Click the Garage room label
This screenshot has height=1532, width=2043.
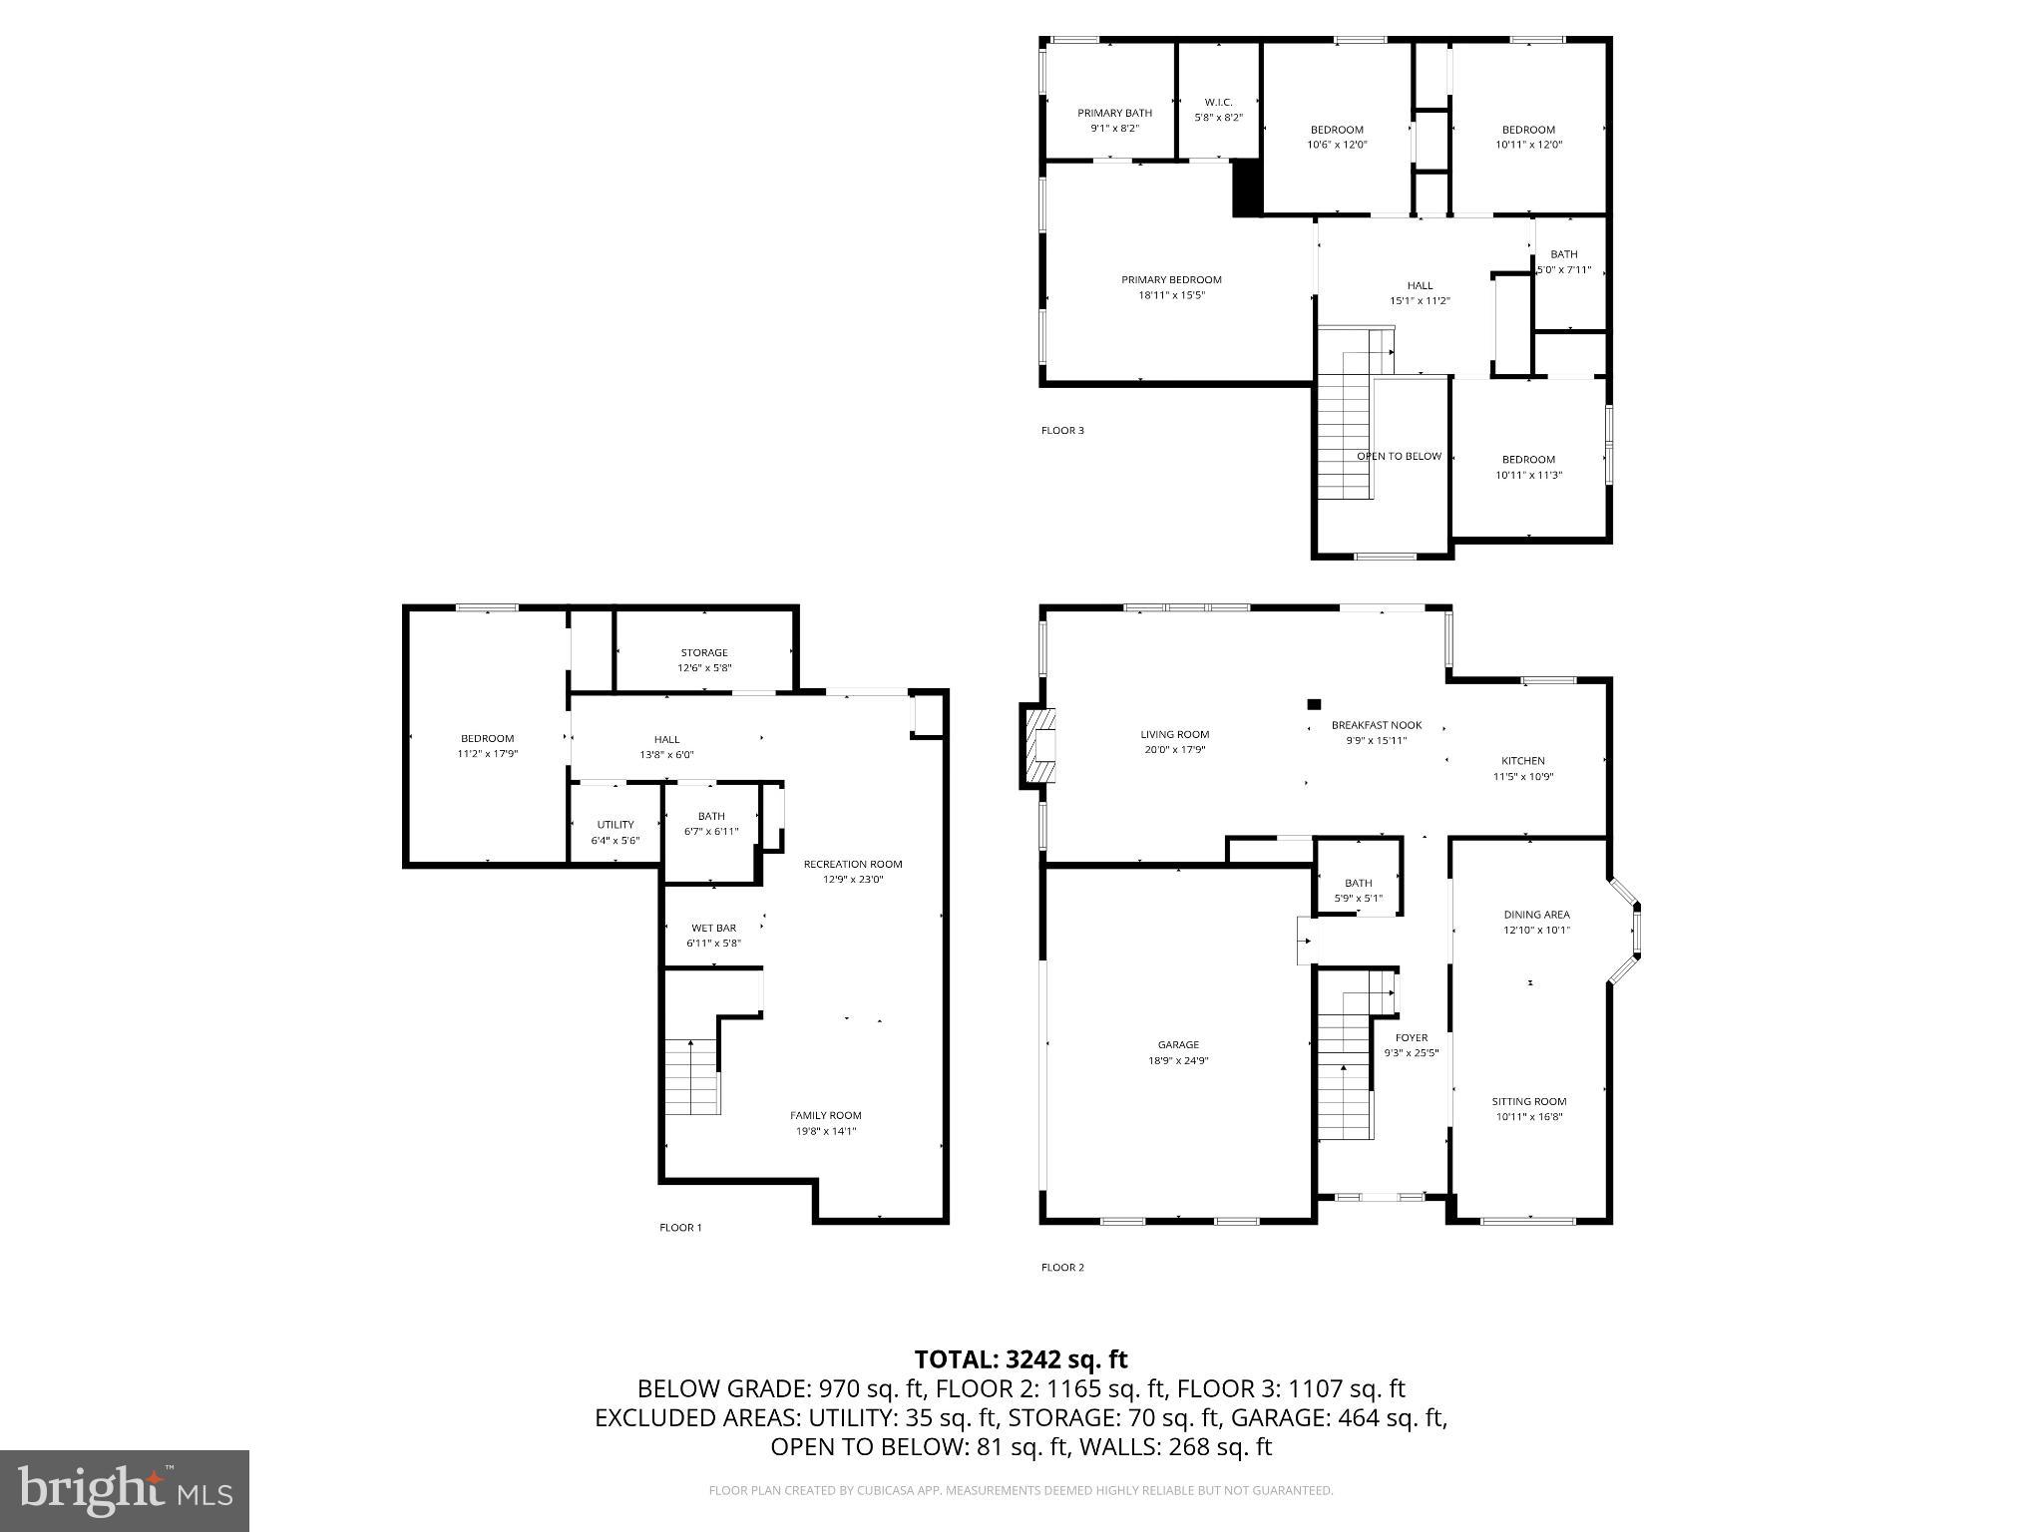click(x=1178, y=1044)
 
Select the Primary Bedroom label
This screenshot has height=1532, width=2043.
click(x=1171, y=279)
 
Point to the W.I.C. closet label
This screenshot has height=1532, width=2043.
click(x=1218, y=102)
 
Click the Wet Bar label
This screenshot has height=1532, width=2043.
click(x=713, y=928)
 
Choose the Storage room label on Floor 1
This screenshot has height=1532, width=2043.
click(x=704, y=652)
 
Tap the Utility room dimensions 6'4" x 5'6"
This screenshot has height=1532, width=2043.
click(x=614, y=841)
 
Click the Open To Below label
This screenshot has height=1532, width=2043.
click(x=1399, y=456)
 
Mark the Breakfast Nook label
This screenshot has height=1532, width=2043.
click(x=1377, y=725)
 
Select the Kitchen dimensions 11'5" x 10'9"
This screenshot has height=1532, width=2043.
click(x=1522, y=777)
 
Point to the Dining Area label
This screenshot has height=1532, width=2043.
click(x=1536, y=914)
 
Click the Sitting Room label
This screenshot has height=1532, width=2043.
click(x=1529, y=1101)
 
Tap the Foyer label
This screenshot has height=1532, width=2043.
click(x=1411, y=1037)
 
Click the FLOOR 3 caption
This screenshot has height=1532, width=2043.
click(x=1062, y=431)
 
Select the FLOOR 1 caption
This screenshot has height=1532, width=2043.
click(x=680, y=1228)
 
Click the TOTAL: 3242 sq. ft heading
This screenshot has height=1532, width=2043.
click(x=1021, y=1359)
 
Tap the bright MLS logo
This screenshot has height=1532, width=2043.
click(x=125, y=1490)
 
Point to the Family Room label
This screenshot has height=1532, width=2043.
click(x=825, y=1115)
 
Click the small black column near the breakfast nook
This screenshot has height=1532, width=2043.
click(x=1314, y=704)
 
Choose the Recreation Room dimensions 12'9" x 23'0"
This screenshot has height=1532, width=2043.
click(x=853, y=880)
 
